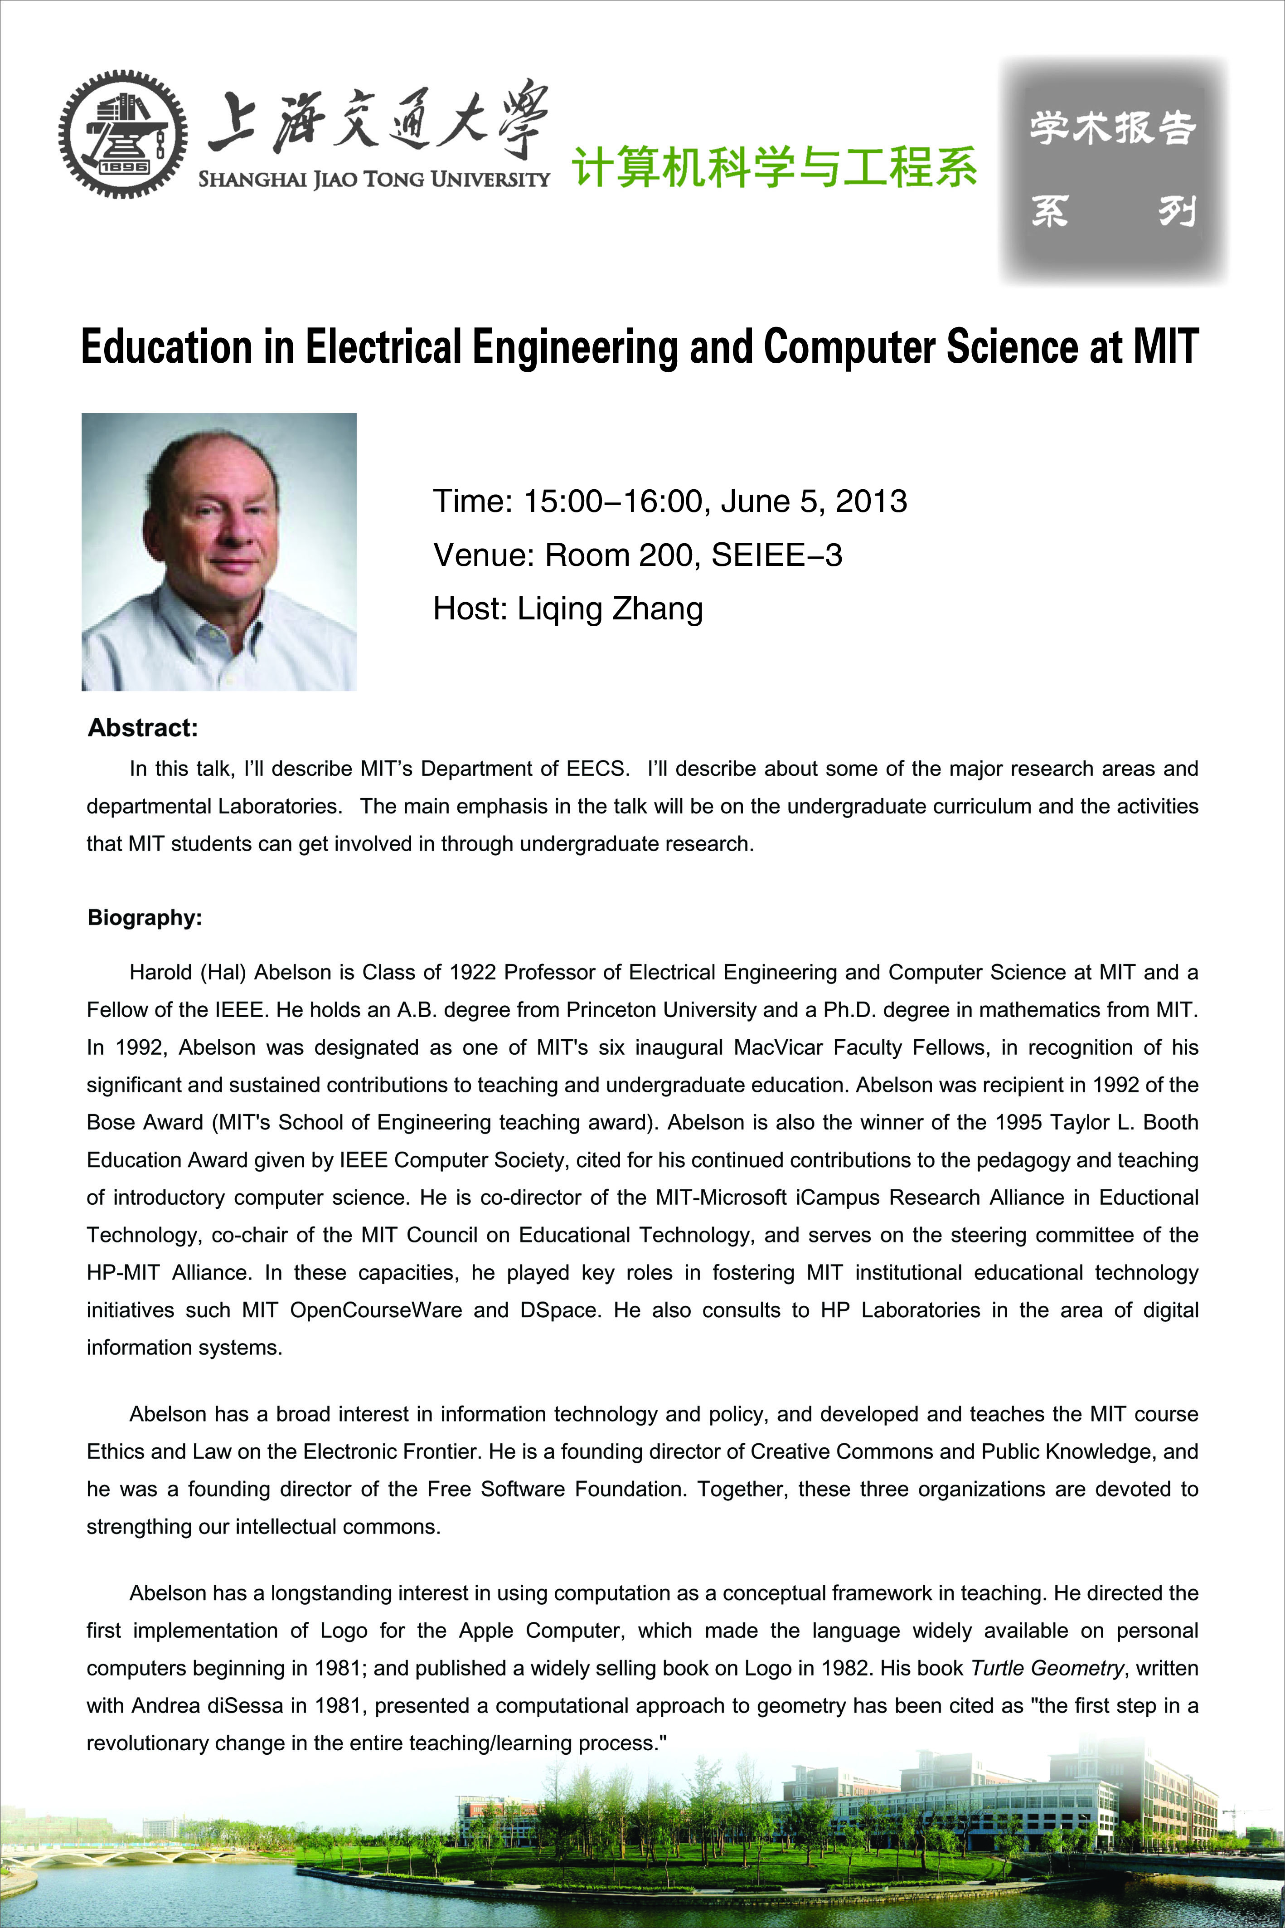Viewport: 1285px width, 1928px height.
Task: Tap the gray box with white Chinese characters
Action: (x=1113, y=170)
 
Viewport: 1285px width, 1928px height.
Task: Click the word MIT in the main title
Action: (x=1165, y=347)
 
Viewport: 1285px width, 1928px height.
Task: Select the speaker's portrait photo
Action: (x=219, y=552)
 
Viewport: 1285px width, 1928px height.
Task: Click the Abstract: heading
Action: (x=143, y=728)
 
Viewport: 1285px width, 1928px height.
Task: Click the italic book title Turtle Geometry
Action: (x=1047, y=1668)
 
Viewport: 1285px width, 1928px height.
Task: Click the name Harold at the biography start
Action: (x=161, y=972)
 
